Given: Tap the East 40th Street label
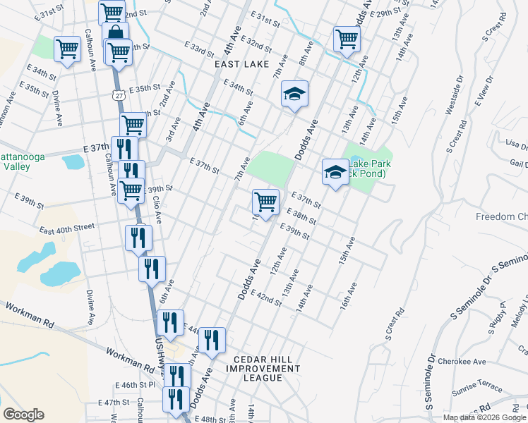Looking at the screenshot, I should click(x=67, y=228).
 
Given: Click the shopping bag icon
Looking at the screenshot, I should click(x=114, y=33).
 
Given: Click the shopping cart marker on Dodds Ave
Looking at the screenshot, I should click(x=265, y=202).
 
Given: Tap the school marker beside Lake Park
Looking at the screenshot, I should click(x=335, y=171).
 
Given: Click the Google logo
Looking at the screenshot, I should click(x=23, y=415).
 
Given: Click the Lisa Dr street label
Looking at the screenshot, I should click(x=517, y=145).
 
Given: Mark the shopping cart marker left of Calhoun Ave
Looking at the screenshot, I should click(x=67, y=49).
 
